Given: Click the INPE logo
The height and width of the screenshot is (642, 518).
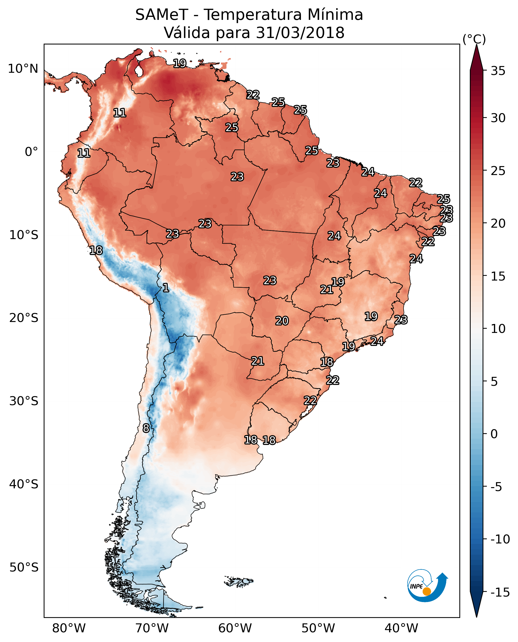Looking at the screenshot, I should [x=427, y=586].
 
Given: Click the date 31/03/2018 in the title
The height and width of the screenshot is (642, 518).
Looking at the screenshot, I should [x=300, y=33].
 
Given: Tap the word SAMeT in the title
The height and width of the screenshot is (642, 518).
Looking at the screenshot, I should [x=161, y=15].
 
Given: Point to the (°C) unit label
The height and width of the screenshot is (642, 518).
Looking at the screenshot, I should [x=474, y=39].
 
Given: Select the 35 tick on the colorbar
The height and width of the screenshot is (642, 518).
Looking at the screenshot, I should [x=498, y=71].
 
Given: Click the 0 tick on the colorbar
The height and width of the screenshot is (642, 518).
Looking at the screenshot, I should [x=494, y=434].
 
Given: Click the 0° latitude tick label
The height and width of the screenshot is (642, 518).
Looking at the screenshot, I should [x=31, y=152].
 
